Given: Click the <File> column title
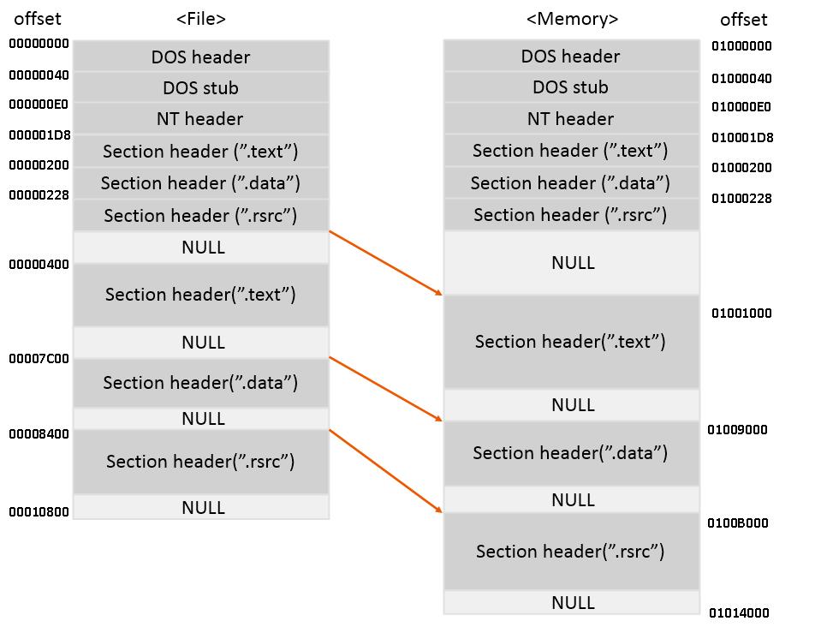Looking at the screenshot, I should tap(201, 18).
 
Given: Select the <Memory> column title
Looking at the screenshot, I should tap(572, 18).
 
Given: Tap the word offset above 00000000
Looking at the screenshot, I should tap(38, 18).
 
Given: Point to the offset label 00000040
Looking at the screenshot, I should tap(39, 75).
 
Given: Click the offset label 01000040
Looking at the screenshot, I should tap(741, 79).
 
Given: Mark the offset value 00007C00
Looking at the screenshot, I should tap(39, 358).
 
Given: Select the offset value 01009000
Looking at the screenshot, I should tap(737, 430).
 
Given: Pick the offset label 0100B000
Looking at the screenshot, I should tap(737, 522).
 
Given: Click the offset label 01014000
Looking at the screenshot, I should tap(739, 612).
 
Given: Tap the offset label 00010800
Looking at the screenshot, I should tap(39, 512).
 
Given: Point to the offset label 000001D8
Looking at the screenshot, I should tap(39, 135).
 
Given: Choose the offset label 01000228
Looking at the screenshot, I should tap(741, 199).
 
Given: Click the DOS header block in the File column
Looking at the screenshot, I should tap(200, 57).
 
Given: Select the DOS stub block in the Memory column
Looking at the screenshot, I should tap(571, 87).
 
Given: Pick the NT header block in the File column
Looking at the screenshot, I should tap(200, 119).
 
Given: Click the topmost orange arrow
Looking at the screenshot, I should tap(386, 263).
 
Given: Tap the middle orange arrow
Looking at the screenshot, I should tap(386, 390).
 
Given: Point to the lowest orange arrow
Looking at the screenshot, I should tap(386, 471).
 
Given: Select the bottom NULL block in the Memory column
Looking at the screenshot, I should tap(571, 602).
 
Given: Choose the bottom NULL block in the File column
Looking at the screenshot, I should tap(200, 507).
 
